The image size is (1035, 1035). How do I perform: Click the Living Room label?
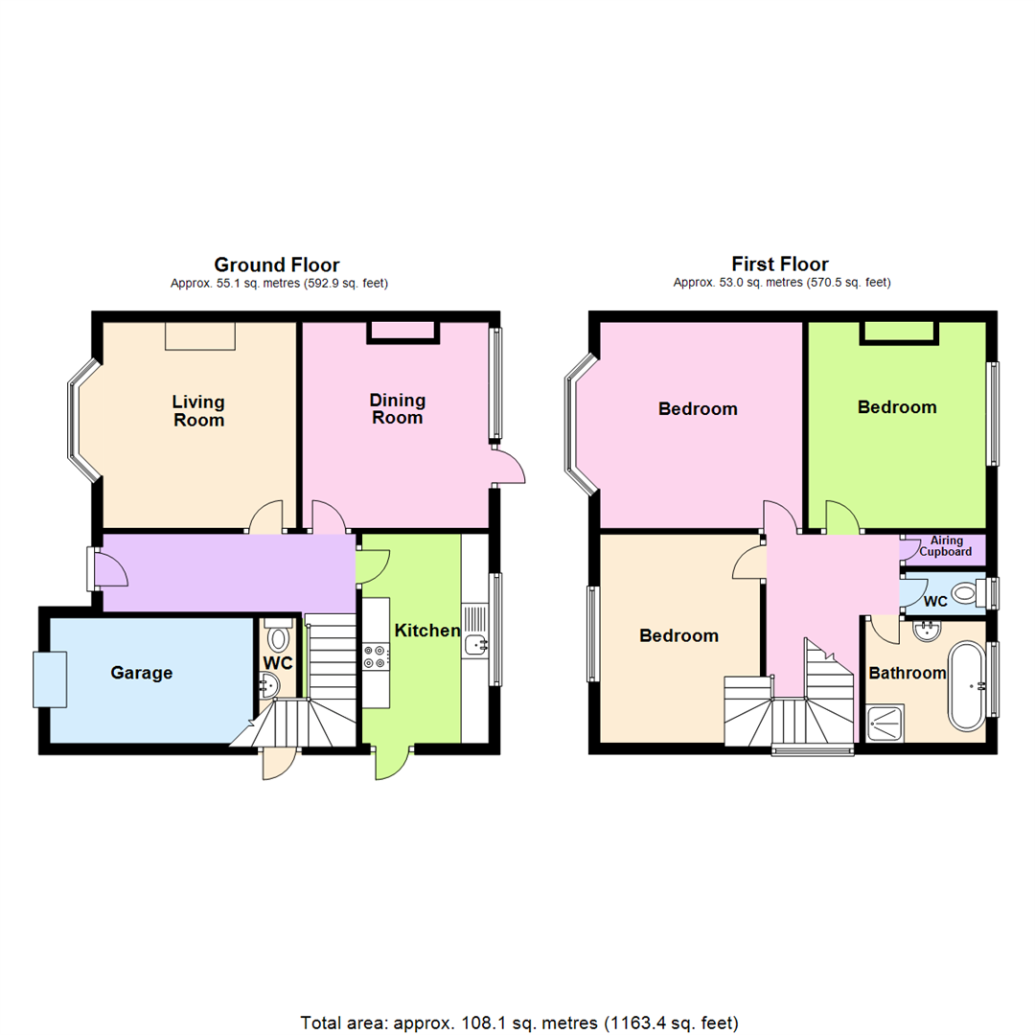pos(198,410)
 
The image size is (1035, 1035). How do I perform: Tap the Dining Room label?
pos(398,409)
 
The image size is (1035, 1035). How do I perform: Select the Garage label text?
pos(142,673)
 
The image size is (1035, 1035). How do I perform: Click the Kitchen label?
pos(427,632)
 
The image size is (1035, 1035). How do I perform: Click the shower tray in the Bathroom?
pos(885,723)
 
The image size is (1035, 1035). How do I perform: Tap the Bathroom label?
pos(907,673)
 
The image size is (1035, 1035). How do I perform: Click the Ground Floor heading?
pos(276,264)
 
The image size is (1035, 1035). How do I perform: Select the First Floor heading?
pos(779,264)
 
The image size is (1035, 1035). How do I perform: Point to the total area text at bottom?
pos(518,1022)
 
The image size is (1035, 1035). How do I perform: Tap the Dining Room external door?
pos(508,467)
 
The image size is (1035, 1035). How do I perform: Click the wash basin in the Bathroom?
pos(926,632)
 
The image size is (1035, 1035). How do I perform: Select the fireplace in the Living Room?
pos(199,335)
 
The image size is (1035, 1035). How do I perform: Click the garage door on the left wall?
pos(50,679)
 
